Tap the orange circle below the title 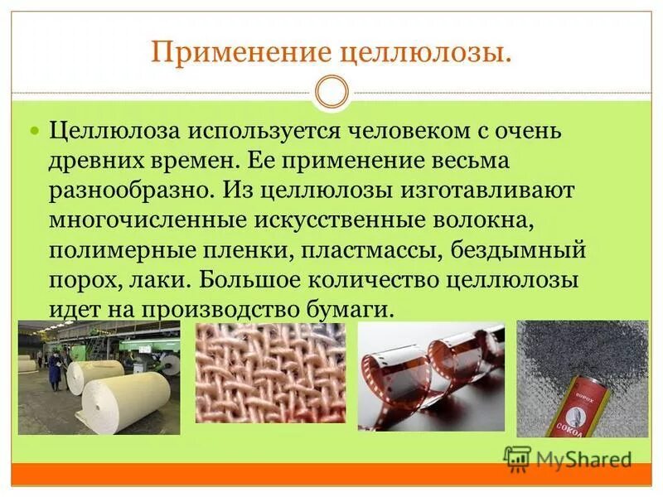tap(332, 92)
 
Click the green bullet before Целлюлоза tap(35, 132)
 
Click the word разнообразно tap(132, 189)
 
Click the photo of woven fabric tap(270, 372)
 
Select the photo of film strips tap(431, 376)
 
